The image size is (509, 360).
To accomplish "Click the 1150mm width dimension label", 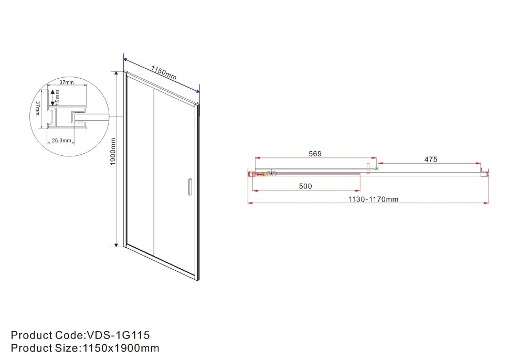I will (164, 73).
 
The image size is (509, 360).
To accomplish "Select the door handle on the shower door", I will (190, 187).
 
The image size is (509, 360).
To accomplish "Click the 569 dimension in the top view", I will (315, 154).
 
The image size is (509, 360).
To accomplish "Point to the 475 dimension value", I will (431, 160).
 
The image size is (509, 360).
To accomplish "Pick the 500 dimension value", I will (305, 186).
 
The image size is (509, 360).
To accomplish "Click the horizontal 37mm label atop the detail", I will (66, 82).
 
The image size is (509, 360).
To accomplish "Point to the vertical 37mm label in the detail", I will (38, 109).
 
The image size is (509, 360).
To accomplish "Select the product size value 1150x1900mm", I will (120, 348).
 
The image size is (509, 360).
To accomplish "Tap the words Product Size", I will (44, 348).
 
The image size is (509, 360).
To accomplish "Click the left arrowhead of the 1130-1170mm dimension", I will (250, 203).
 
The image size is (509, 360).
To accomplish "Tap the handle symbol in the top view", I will (368, 169).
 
